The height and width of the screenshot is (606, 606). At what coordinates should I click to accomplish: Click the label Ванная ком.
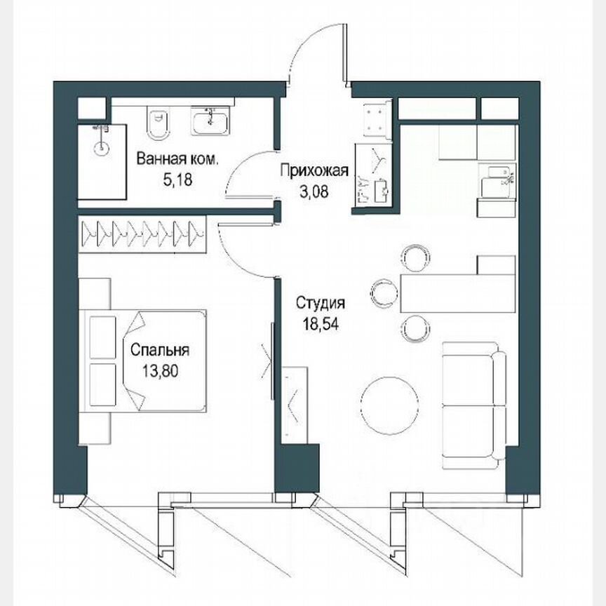(x=177, y=159)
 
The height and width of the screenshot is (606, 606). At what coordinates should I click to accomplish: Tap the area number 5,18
(x=177, y=179)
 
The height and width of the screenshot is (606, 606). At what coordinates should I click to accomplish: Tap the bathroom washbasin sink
(x=208, y=122)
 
